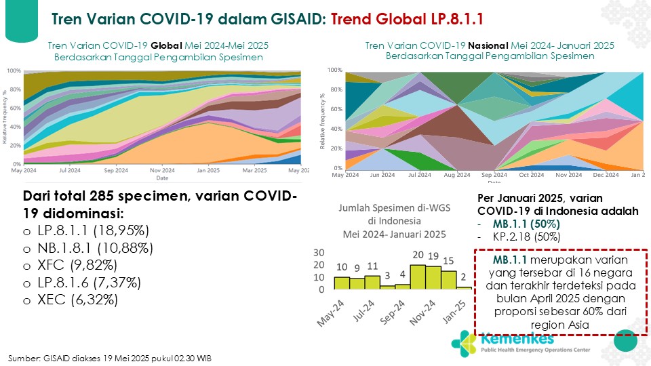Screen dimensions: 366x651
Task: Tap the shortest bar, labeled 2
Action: coord(463,288)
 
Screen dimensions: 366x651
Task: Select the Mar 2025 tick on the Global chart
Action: coord(254,171)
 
